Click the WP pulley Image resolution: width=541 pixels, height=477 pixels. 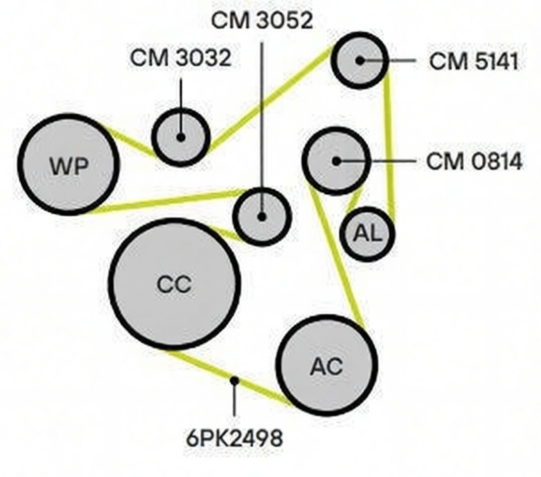point(69,165)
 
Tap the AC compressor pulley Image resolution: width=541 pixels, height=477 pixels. point(327,365)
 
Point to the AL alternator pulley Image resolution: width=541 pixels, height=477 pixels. point(367,234)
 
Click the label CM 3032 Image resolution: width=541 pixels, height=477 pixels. point(180,58)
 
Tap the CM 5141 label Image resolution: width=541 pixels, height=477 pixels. point(474,62)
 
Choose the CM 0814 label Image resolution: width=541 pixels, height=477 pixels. point(474,161)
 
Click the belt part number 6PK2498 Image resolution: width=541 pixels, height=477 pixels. point(235,438)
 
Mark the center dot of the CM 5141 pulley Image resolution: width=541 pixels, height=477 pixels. point(360,61)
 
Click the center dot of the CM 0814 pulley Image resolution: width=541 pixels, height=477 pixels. point(336,161)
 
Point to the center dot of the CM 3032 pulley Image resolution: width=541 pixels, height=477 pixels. point(180,137)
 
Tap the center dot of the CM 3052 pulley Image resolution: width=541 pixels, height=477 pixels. point(262,217)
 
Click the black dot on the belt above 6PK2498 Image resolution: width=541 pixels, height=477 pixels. point(235,381)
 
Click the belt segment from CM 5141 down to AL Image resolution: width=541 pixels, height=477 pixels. point(389,145)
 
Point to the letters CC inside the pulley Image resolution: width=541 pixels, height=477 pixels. point(174,285)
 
